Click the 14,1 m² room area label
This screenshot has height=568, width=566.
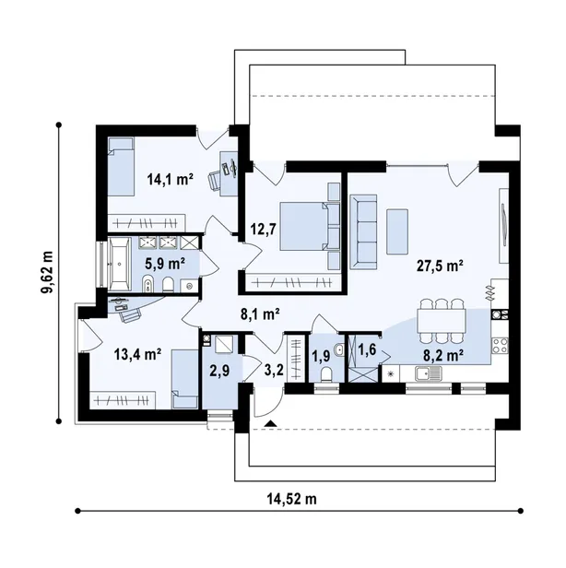[x=171, y=179]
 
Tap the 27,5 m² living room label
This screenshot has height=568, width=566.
[x=440, y=266]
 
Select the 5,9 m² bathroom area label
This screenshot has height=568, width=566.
[x=165, y=264]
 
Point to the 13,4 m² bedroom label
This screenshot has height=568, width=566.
[x=137, y=354]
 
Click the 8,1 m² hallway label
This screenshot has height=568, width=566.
[x=260, y=314]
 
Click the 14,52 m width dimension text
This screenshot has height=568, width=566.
[x=292, y=499]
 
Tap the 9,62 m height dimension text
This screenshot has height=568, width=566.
[x=47, y=272]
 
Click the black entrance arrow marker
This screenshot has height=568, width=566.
[x=271, y=423]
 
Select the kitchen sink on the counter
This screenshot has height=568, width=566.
[x=429, y=373]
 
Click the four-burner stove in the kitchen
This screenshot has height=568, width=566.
[x=501, y=345]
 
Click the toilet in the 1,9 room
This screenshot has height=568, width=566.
[x=326, y=374]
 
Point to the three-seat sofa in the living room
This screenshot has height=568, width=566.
[x=363, y=231]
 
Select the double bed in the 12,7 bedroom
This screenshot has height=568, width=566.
[x=310, y=227]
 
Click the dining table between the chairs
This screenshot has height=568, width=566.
[x=441, y=321]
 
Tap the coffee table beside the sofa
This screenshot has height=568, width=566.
[x=397, y=231]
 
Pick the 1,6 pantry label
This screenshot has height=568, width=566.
[x=367, y=350]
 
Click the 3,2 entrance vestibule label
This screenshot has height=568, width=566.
[x=274, y=371]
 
